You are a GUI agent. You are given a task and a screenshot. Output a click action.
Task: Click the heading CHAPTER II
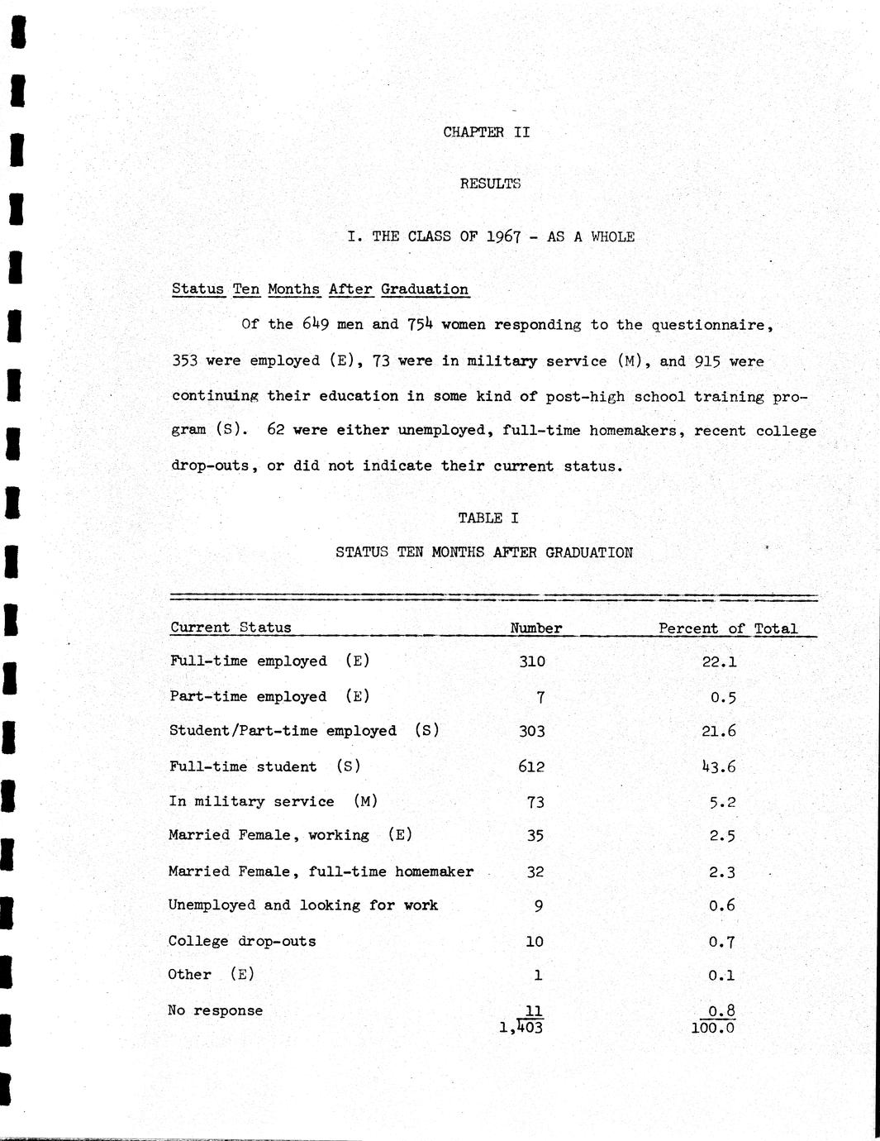pos(486,132)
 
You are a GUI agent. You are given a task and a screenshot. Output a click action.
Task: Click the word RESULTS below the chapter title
pos(490,184)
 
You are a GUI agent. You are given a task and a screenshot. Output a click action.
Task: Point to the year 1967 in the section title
pos(503,236)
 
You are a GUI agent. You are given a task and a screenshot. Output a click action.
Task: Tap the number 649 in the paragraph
pos(316,324)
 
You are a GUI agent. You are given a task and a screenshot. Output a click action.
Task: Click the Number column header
pos(535,628)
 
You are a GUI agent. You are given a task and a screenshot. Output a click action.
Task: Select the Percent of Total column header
pos(727,628)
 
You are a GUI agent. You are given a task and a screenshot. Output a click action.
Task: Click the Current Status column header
pos(231,628)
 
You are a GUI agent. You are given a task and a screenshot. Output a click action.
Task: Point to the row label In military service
pos(251,801)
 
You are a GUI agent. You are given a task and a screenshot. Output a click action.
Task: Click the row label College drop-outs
pos(241,941)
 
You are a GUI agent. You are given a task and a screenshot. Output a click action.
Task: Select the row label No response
pos(215,1010)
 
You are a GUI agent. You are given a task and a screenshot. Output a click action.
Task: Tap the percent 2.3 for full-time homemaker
pos(721,872)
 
